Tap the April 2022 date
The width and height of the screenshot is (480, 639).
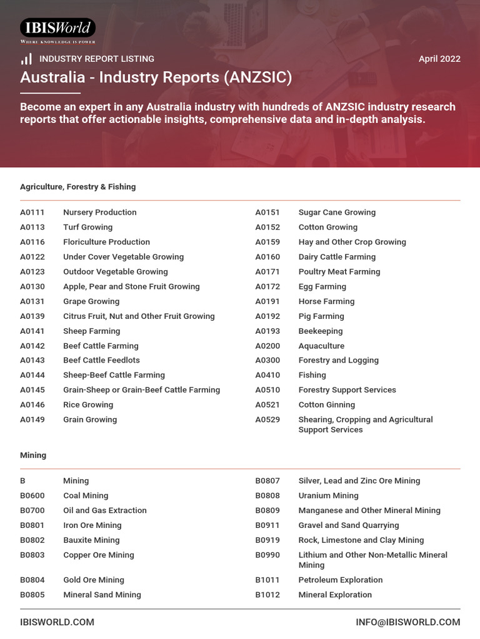tap(439, 59)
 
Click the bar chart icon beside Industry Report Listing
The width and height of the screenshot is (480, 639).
tap(26, 59)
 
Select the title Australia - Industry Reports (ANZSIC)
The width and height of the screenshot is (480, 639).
tap(156, 77)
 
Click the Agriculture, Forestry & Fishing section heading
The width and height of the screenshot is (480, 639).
tap(77, 187)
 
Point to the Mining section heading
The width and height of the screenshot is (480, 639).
tap(33, 455)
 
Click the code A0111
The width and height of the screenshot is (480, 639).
tap(32, 212)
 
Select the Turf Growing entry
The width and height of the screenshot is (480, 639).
tap(87, 227)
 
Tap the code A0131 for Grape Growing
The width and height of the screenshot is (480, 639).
tap(32, 301)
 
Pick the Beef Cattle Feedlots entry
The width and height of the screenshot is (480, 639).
tap(101, 360)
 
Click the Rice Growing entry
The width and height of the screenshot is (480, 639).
tap(88, 404)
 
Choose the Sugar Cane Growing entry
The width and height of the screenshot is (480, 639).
tap(337, 212)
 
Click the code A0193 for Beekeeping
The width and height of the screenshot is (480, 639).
tap(267, 331)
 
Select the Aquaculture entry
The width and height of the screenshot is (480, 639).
tap(321, 346)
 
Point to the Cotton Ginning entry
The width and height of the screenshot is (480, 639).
tap(326, 404)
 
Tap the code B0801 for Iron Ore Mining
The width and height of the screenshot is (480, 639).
tap(32, 525)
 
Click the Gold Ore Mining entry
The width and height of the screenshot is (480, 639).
tap(94, 580)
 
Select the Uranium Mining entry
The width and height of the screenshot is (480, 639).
tap(328, 495)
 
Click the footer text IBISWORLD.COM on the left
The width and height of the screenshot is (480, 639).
tap(57, 622)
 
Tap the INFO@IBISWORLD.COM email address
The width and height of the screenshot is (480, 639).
tap(407, 622)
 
